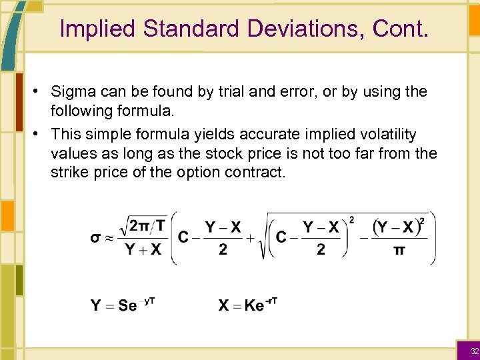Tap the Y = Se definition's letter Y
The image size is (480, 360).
coord(96,306)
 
